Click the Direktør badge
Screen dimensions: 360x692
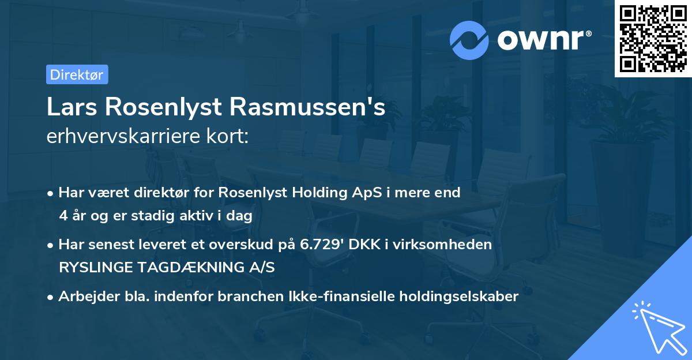[77, 74]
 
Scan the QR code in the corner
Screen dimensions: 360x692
[652, 38]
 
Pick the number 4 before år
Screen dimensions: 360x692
[63, 216]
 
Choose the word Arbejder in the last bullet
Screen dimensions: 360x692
[83, 297]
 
